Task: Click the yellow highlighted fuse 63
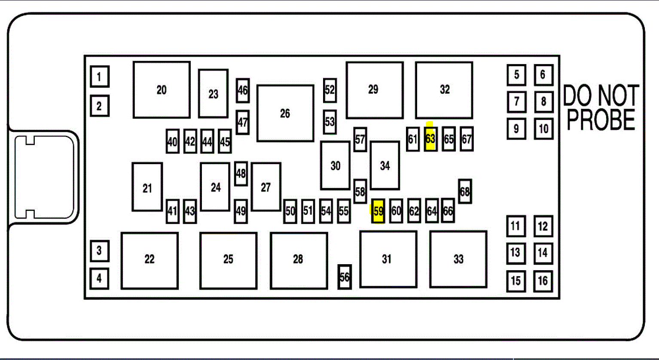tap(430, 139)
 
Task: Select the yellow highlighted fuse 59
tap(378, 211)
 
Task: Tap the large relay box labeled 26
tap(285, 113)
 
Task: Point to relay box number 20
tap(162, 90)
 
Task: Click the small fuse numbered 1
tap(99, 77)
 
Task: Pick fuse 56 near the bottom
tap(345, 277)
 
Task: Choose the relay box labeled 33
tap(458, 259)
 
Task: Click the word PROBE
tap(601, 120)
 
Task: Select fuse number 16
tap(543, 281)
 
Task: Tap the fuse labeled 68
tap(465, 192)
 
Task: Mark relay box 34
tap(385, 165)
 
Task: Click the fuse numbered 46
tap(243, 90)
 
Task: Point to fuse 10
tap(543, 128)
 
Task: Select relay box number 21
tap(147, 187)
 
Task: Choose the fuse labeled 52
tap(329, 90)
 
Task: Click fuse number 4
tap(99, 278)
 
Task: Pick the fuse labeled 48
tap(241, 174)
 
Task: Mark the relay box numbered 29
tap(375, 90)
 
